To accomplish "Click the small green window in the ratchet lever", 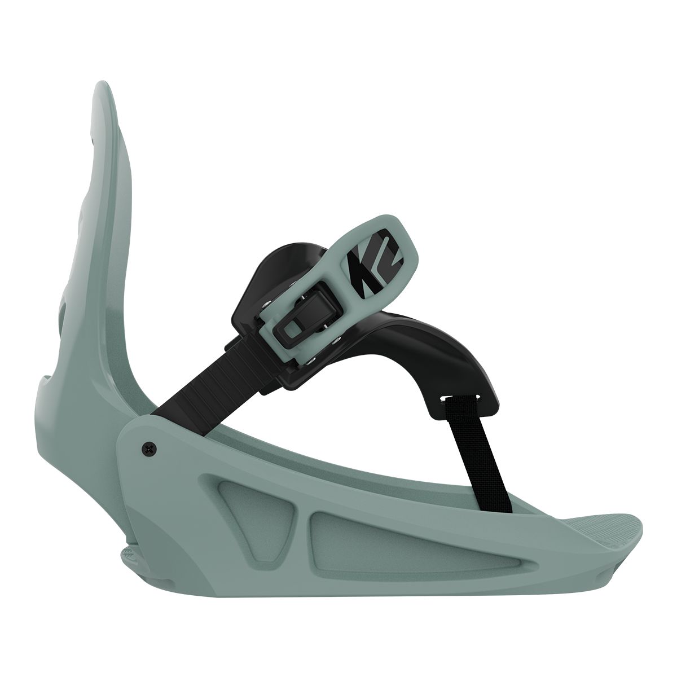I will [292, 327].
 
